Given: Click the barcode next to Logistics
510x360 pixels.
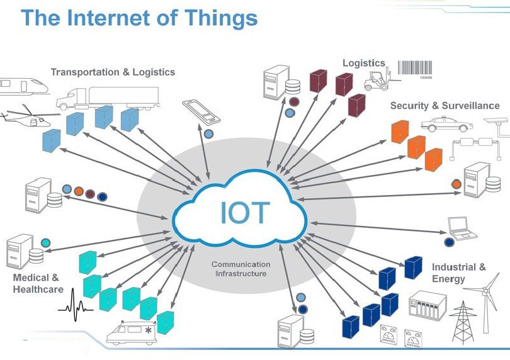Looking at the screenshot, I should pos(417,68).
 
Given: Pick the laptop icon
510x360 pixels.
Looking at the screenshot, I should pos(463,228).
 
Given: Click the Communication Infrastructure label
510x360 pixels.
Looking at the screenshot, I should pos(241,269).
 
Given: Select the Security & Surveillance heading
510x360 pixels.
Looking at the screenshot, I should pos(445,105).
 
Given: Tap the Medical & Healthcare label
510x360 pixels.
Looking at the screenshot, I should pos(38,283).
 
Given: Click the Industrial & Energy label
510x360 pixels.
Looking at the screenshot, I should pos(458,273).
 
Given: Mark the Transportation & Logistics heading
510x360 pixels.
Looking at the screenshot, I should pos(113,72).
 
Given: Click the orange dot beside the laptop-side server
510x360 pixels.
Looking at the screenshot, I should pos(456,184).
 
